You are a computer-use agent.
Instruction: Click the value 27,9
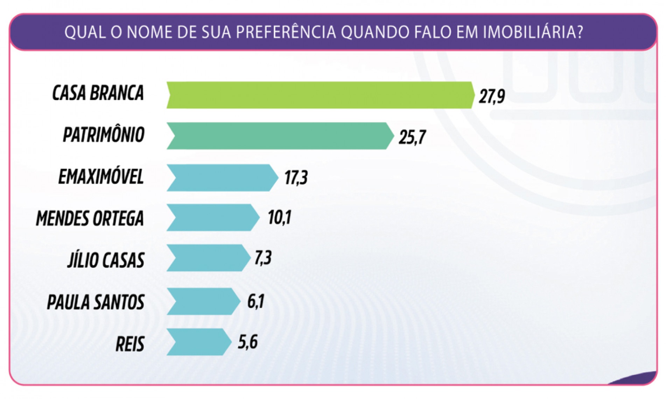[x=492, y=96]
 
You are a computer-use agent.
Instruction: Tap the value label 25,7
[x=412, y=137]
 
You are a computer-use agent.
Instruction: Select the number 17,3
[x=296, y=178]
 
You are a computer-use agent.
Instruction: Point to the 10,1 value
[x=279, y=218]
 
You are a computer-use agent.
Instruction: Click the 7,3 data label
[x=263, y=258]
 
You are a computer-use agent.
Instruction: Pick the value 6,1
[x=255, y=301]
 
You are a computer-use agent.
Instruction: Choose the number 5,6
[x=248, y=342]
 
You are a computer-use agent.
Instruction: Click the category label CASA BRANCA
[x=98, y=93]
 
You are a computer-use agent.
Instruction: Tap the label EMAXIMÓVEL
[x=101, y=177]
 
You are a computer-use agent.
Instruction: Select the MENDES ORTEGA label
[x=90, y=219]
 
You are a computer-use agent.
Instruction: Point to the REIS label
[x=130, y=344]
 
